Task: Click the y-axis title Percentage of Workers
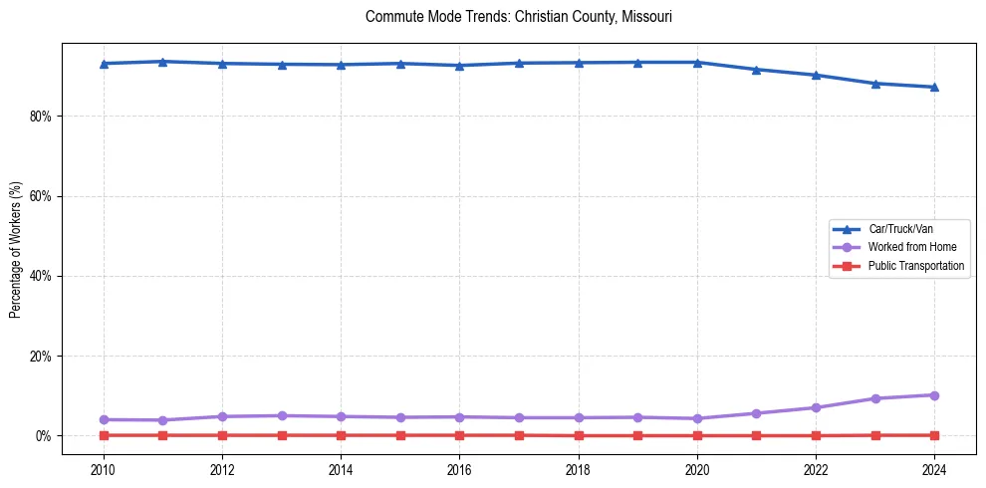16,249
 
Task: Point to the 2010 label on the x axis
103,469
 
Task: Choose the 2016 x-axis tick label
459,469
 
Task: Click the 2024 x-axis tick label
934,469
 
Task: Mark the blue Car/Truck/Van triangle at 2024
934,87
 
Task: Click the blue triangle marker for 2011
162,62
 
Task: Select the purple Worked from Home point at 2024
934,395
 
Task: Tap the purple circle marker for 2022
816,407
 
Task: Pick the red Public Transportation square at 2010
103,435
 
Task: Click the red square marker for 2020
697,435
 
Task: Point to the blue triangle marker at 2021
756,70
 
